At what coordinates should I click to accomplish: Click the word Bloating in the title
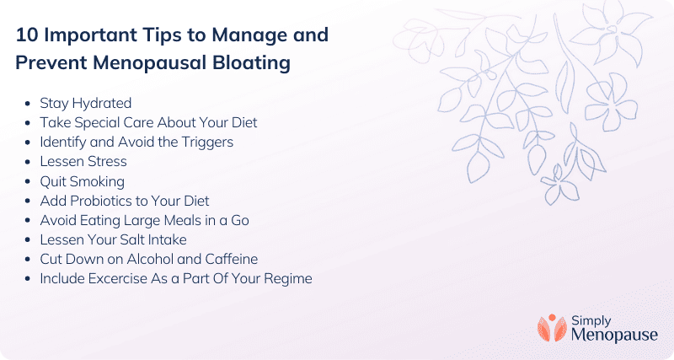click(252, 62)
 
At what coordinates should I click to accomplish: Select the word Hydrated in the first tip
click(102, 103)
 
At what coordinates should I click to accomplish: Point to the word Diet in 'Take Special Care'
click(244, 122)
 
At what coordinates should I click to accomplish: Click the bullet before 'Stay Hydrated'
click(28, 104)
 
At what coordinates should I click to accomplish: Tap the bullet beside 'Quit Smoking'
click(28, 181)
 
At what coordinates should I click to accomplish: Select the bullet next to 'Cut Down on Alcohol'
click(28, 260)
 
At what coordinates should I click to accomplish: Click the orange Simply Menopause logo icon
click(552, 328)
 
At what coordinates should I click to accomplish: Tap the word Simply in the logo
click(591, 321)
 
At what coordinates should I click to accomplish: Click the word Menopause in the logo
click(614, 335)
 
